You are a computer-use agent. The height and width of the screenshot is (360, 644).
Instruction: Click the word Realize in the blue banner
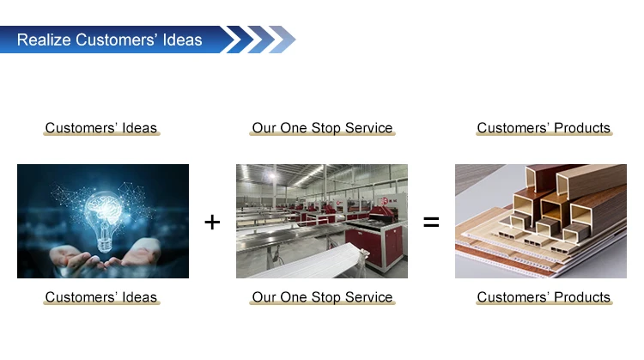point(44,40)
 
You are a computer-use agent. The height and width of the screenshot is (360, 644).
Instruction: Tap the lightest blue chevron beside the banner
point(283,40)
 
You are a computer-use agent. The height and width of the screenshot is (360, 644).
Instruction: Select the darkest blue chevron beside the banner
point(240,40)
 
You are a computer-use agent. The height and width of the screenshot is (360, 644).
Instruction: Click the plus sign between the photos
point(212,223)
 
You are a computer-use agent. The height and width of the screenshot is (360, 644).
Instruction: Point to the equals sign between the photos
point(431,223)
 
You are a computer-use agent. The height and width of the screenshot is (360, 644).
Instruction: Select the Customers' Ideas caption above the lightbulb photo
point(101,128)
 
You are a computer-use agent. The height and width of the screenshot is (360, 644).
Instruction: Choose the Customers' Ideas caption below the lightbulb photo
point(101,297)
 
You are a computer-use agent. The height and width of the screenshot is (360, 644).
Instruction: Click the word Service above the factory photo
point(369,128)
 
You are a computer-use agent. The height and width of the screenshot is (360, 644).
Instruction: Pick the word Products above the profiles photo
point(582,128)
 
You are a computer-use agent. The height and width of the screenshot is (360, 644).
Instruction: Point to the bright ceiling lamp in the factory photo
point(271,176)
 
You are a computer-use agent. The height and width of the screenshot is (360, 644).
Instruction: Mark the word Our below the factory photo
point(264,297)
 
